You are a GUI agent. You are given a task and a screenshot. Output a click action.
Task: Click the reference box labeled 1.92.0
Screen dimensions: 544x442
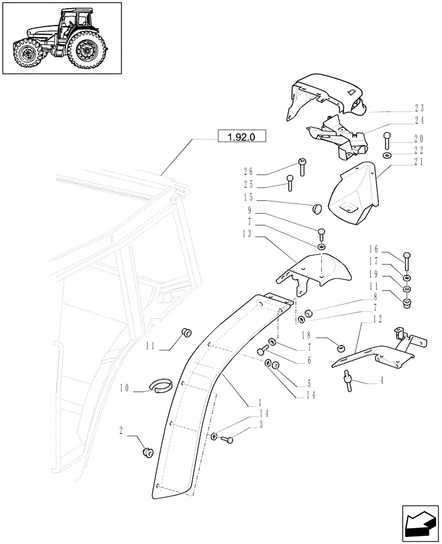point(241,135)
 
